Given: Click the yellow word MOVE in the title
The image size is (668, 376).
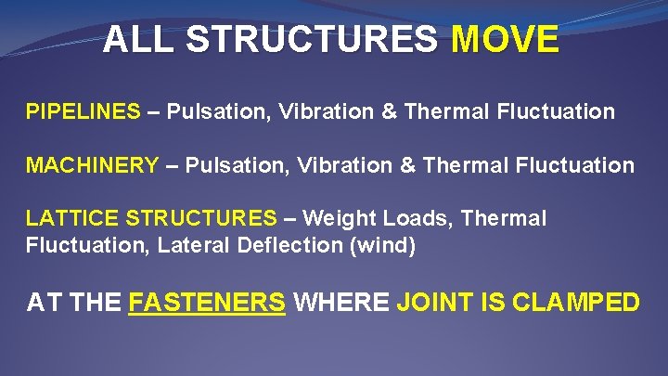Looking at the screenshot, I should click(x=505, y=40).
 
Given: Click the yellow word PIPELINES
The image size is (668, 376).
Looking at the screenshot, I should click(x=83, y=112).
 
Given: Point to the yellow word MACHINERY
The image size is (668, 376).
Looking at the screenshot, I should click(x=92, y=166).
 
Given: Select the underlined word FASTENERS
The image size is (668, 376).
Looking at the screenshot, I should click(x=207, y=303).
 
